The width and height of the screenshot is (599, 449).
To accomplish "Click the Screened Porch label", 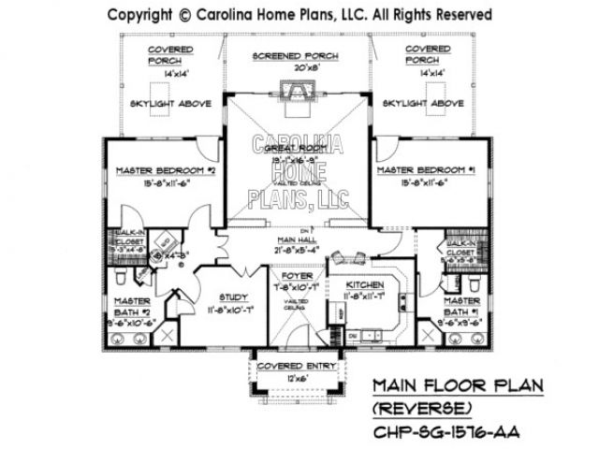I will [x=296, y=57].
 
